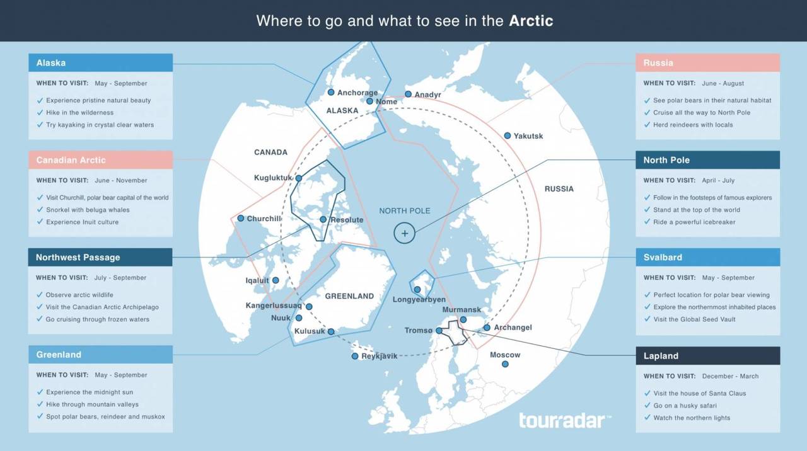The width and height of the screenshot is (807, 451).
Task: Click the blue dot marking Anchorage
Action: (x=330, y=92)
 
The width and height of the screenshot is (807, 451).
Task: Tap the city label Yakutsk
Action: (x=528, y=136)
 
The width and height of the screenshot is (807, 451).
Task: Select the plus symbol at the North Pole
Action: (x=405, y=233)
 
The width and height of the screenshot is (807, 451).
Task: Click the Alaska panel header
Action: (x=100, y=62)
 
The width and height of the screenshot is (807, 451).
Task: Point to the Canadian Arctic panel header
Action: (x=100, y=160)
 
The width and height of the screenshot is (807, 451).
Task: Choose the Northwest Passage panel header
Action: (x=100, y=257)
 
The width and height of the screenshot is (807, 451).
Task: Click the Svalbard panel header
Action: (x=707, y=257)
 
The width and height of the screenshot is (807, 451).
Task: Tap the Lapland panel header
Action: (x=707, y=355)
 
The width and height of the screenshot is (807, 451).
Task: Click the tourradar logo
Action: (x=565, y=420)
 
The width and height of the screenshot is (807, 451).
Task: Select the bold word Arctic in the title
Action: (x=531, y=21)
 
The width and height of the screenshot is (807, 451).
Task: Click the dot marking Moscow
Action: (x=505, y=364)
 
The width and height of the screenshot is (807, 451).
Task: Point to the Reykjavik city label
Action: (x=379, y=357)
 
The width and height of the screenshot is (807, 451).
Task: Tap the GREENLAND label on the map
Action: (x=349, y=296)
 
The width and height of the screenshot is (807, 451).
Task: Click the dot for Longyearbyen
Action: (x=417, y=290)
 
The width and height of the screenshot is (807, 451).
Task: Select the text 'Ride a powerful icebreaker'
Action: (x=694, y=222)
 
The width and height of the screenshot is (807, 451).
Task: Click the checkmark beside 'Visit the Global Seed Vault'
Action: (x=647, y=319)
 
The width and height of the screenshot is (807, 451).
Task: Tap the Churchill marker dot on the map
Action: (x=240, y=218)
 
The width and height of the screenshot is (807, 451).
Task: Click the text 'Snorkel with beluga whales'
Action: (x=88, y=210)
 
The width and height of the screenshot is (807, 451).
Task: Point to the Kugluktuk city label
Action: (x=273, y=178)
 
